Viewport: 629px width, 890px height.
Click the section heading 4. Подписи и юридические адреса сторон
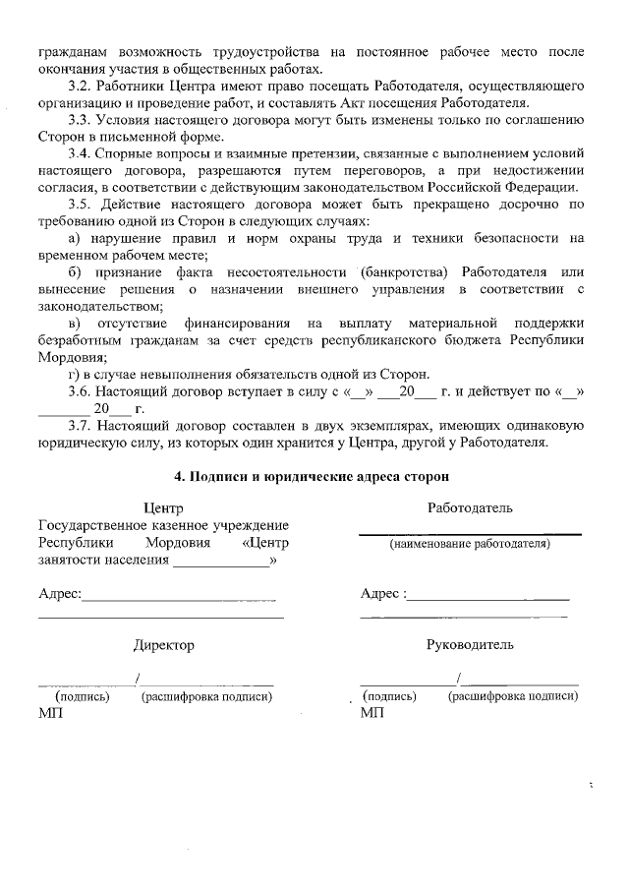(x=312, y=476)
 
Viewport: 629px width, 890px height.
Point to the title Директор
(x=163, y=645)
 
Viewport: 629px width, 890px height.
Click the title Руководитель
(x=470, y=645)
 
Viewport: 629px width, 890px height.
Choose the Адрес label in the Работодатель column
(x=381, y=594)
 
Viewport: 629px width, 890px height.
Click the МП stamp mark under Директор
(x=49, y=713)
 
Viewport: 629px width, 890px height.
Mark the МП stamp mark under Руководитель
(x=372, y=713)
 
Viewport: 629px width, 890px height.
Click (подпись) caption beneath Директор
(x=74, y=696)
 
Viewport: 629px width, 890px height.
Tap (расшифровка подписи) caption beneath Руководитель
(x=512, y=696)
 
